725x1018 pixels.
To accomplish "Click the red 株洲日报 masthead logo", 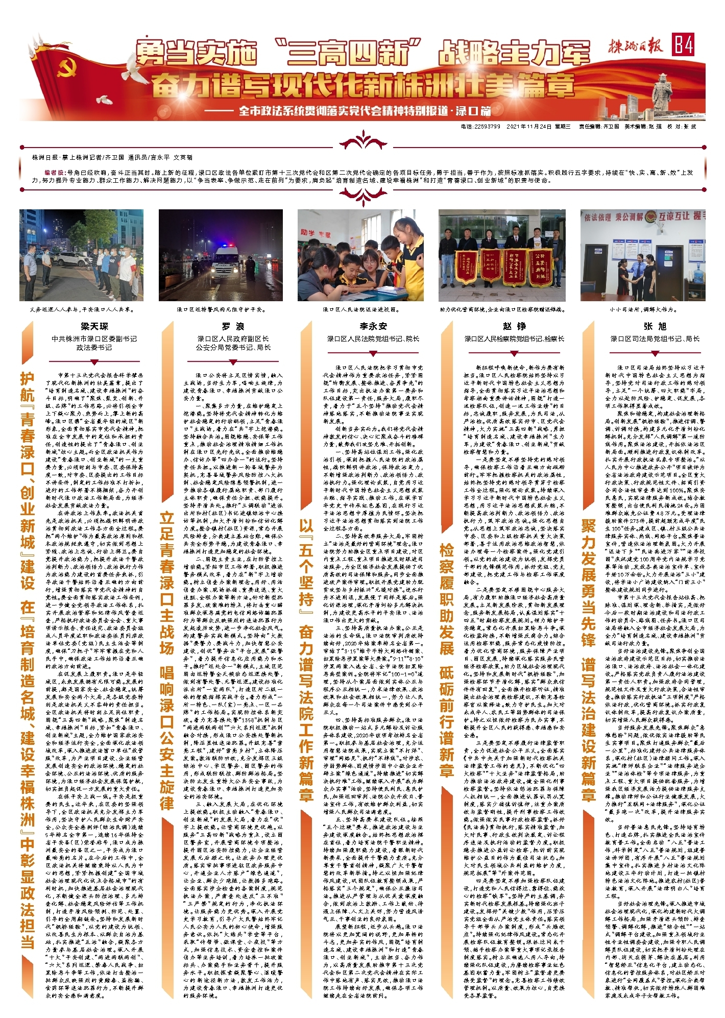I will click(636, 46).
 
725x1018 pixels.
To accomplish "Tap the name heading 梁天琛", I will click(94, 326).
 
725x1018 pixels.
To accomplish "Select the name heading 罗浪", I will click(233, 326).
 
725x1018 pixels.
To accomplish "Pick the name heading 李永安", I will click(373, 326).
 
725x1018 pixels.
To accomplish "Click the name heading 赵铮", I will click(514, 326).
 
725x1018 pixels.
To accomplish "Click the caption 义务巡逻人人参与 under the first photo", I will click(81, 309).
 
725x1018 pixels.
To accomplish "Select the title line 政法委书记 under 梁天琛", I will click(94, 347).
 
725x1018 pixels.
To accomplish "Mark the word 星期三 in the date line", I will click(563, 126).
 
